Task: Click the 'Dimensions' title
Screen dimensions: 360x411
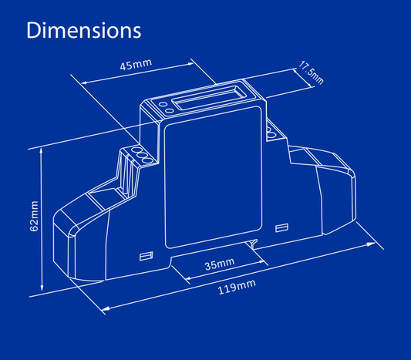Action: click(83, 31)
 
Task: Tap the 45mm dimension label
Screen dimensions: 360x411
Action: click(136, 65)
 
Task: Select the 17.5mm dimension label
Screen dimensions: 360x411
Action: click(312, 72)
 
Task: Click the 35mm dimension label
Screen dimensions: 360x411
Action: click(219, 264)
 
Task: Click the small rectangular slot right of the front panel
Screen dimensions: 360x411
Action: click(281, 227)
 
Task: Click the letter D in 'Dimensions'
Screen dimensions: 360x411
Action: click(33, 31)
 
